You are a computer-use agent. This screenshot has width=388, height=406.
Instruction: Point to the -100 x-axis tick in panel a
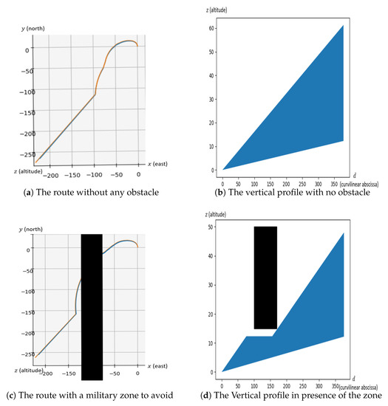pos(74,176)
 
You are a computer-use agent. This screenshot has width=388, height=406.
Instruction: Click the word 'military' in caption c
pos(122,393)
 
